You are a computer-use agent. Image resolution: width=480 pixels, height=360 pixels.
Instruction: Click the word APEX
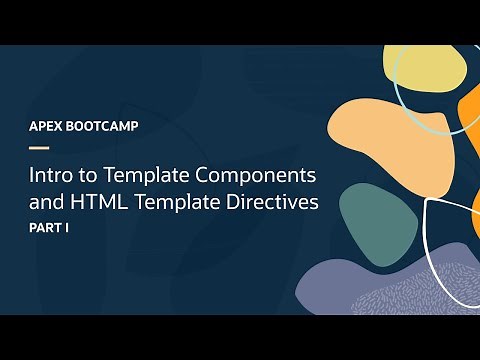coord(48,128)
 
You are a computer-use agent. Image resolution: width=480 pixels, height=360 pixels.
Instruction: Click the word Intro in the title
coord(51,175)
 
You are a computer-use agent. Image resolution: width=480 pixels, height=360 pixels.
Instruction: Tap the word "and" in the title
coord(47,202)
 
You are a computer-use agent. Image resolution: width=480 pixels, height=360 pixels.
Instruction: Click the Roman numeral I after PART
coord(73,229)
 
